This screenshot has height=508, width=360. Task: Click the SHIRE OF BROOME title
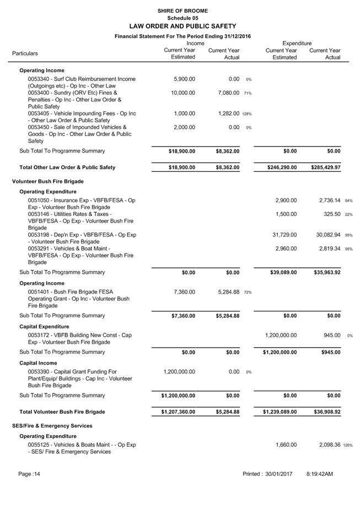(x=182, y=10)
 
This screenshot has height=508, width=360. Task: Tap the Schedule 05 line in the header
(x=182, y=18)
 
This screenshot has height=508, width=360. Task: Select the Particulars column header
(x=25, y=53)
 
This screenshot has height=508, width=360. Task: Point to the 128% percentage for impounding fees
(x=246, y=114)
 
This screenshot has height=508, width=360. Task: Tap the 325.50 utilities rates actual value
(x=331, y=214)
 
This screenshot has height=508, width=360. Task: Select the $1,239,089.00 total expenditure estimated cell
(x=280, y=412)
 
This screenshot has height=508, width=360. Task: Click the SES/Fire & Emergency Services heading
(x=52, y=426)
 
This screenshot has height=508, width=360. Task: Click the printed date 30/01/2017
(x=278, y=474)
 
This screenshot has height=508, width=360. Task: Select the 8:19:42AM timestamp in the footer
(x=320, y=474)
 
